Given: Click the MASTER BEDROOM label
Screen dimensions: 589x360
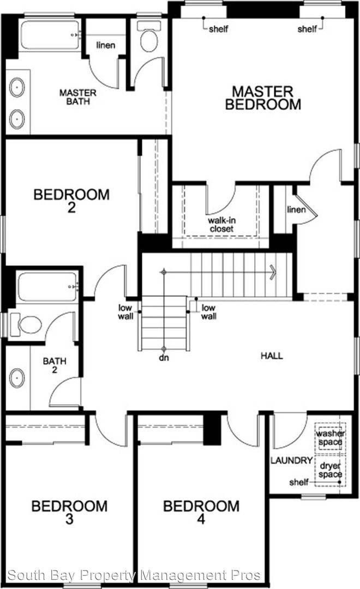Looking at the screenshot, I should (x=263, y=98).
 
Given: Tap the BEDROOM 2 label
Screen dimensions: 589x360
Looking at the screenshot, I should (x=71, y=201).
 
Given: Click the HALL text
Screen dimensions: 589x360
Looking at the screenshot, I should (x=272, y=356).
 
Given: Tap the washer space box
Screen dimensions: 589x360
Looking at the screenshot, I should (x=330, y=437).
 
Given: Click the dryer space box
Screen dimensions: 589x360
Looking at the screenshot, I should (x=331, y=470).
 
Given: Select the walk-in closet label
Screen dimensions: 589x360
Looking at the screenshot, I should (x=221, y=225).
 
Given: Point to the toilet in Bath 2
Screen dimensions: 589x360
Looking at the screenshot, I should (x=28, y=325).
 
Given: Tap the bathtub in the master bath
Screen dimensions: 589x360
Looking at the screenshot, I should (x=50, y=35).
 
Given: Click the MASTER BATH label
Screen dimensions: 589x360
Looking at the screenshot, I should (x=78, y=98).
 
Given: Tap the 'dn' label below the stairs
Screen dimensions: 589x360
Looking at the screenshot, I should (x=163, y=359).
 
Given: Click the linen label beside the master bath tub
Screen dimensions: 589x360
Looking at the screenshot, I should (x=106, y=45).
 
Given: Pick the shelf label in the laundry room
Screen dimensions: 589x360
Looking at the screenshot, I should (x=298, y=482).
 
